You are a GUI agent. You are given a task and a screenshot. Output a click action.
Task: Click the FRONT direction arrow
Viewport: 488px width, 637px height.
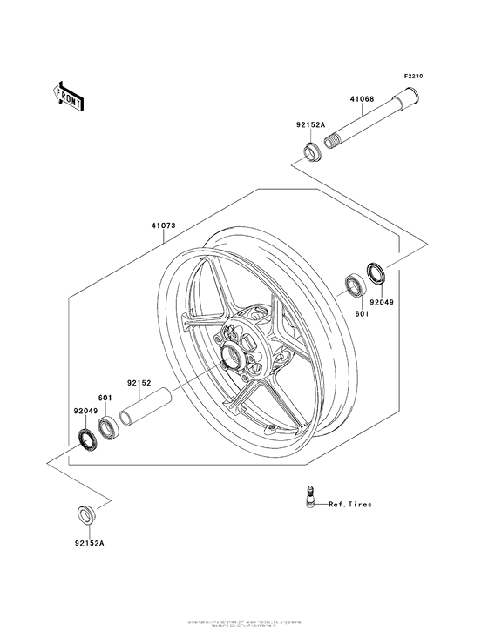[x=69, y=95]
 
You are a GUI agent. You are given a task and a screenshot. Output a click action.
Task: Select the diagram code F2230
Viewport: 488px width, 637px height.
[x=412, y=77]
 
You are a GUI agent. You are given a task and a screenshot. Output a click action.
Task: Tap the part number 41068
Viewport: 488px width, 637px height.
[x=363, y=99]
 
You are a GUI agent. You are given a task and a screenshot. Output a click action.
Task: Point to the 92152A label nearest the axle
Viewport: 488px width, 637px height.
[x=310, y=124]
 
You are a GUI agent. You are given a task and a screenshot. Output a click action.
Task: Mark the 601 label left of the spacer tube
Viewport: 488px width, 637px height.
[x=105, y=399]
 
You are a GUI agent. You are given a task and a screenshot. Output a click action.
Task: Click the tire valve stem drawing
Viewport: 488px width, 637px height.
[x=311, y=497]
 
